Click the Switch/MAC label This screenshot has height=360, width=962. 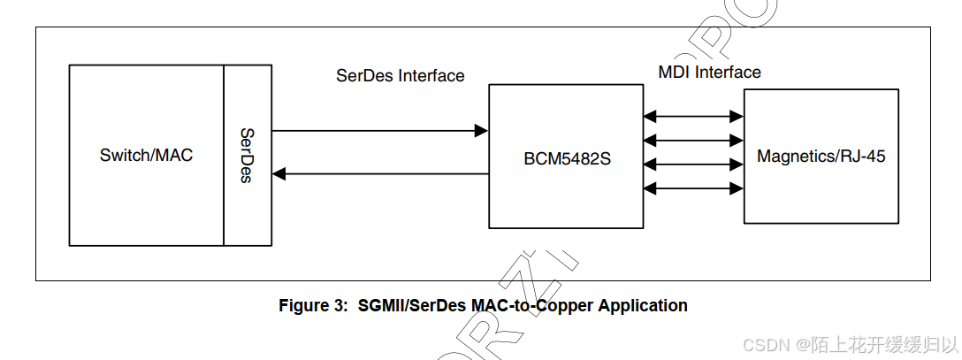click(x=146, y=156)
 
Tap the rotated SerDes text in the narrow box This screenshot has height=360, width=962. click(x=248, y=156)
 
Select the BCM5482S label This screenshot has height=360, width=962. click(x=568, y=160)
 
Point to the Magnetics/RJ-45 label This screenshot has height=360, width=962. click(x=821, y=157)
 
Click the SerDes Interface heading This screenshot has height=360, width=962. click(x=400, y=76)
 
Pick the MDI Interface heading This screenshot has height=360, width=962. click(x=709, y=73)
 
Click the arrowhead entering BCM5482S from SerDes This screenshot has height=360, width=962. click(x=481, y=131)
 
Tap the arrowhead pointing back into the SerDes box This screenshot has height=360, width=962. click(x=279, y=174)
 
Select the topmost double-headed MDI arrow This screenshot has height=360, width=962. click(x=693, y=115)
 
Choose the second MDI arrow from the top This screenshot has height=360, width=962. click(x=693, y=139)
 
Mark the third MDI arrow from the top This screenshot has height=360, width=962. click(x=693, y=164)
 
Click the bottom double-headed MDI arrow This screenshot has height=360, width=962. click(x=693, y=188)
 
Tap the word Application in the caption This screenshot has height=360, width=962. click(x=643, y=306)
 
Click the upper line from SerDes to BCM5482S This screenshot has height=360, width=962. click(x=371, y=131)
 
